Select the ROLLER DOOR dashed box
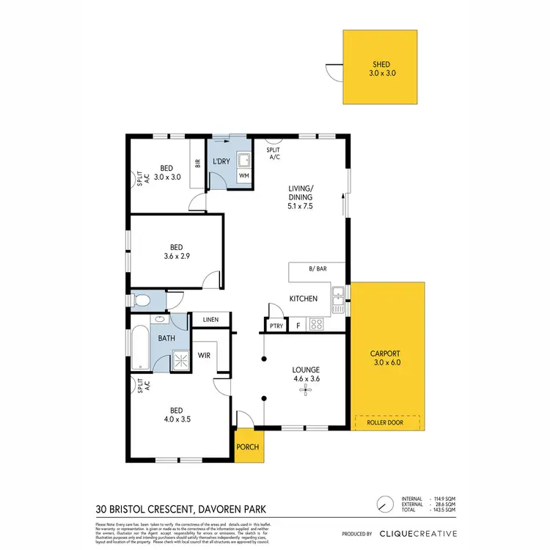[386, 422]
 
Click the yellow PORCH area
[246, 447]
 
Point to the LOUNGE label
[304, 370]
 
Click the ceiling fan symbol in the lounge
[304, 389]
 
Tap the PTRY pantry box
[275, 325]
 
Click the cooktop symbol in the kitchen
[317, 324]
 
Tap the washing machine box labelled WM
[245, 176]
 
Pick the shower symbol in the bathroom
[180, 359]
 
